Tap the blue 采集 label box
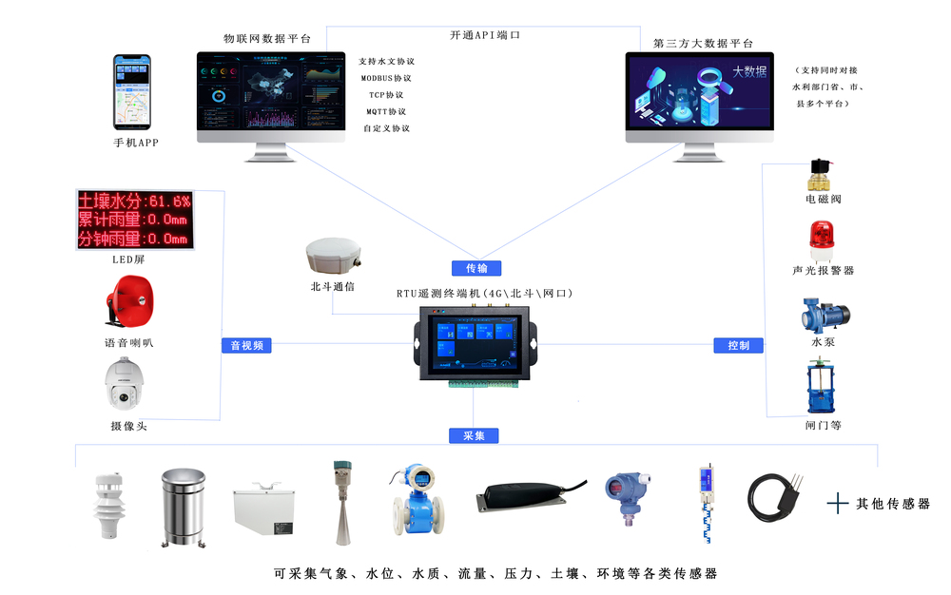tap(474, 436)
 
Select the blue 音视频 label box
tap(247, 346)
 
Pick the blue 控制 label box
tap(738, 346)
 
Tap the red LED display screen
tap(135, 220)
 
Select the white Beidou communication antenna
tap(334, 257)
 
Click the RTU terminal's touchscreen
tap(475, 340)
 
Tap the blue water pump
tap(824, 312)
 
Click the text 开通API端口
tap(485, 35)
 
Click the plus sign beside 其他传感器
tap(837, 504)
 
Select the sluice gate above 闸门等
tap(823, 386)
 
